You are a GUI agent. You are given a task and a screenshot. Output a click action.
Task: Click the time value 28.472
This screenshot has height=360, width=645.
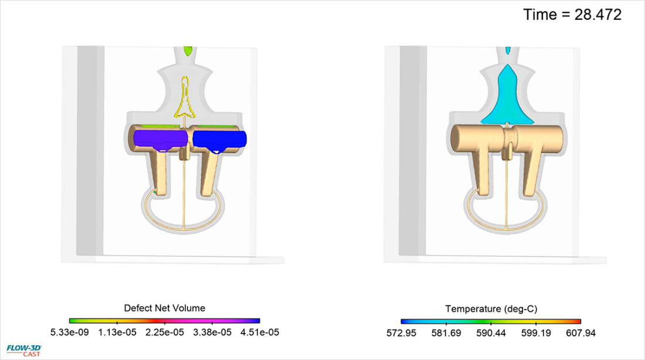point(598,15)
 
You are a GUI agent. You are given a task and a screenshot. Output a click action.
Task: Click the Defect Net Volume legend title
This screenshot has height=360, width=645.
point(165,308)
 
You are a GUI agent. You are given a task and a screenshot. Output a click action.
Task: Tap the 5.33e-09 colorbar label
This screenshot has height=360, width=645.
point(70,332)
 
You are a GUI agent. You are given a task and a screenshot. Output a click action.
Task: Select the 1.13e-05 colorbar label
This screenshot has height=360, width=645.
point(117,332)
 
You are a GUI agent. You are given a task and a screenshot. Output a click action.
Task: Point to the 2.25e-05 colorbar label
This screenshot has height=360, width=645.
point(165,332)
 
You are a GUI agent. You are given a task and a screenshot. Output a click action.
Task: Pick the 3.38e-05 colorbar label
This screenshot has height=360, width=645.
point(212,332)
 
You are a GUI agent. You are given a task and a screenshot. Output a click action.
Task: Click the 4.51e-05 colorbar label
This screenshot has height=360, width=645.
point(260,332)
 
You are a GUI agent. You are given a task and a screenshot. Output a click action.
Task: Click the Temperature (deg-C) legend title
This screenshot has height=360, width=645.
point(491,309)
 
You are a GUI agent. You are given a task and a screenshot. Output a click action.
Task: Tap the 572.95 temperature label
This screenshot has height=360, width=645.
point(402,333)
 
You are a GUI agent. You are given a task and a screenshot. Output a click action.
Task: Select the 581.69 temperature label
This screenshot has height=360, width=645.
point(446,333)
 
